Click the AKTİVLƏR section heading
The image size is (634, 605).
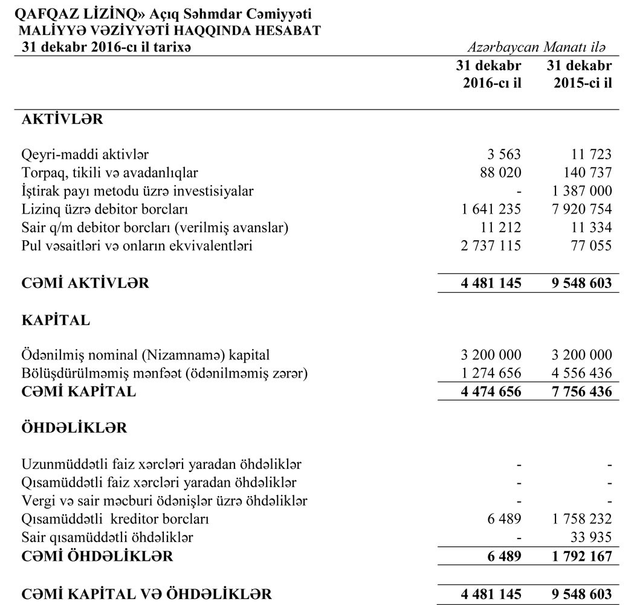(62, 119)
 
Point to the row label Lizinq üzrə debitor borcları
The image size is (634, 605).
(105, 209)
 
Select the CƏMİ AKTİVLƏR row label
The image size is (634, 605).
(85, 283)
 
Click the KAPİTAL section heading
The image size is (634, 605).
(55, 321)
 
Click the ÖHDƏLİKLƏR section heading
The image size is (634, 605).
(74, 428)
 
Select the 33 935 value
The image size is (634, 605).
(592, 537)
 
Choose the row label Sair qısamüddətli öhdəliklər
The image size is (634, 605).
(107, 537)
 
